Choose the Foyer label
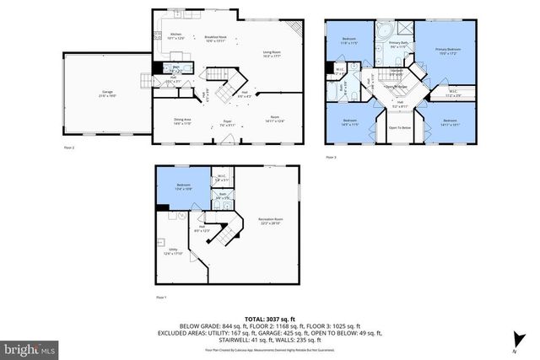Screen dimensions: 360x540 [x=227, y=123]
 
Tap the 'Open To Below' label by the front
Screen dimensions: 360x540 [x=399, y=127]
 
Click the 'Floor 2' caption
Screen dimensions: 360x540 [x=70, y=148]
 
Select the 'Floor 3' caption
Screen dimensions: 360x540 [x=331, y=157]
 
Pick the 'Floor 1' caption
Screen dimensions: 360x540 [x=161, y=298]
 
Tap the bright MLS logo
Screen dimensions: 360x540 [x=30, y=347]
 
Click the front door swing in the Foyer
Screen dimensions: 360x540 [x=221, y=135]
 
